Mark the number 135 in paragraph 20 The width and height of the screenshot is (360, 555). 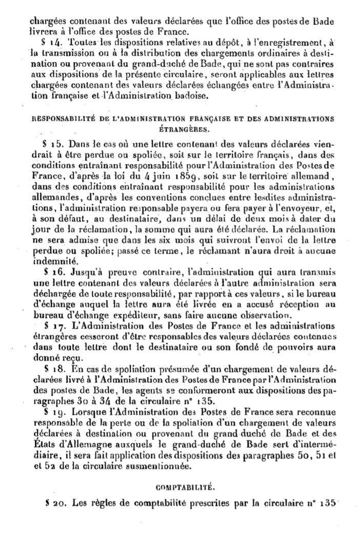[326, 503]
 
